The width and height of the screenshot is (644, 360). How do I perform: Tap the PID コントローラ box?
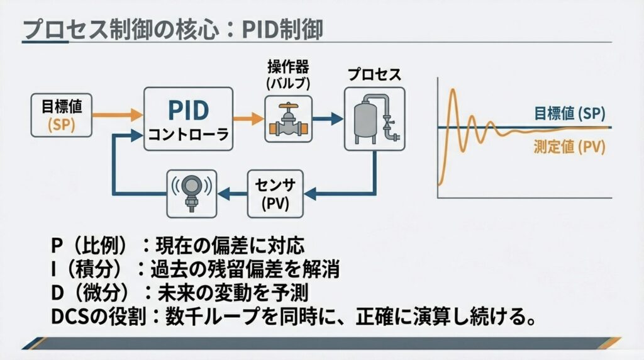point(188,118)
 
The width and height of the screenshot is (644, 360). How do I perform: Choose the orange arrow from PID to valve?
point(248,118)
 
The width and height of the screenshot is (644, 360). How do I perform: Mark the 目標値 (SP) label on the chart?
point(569,113)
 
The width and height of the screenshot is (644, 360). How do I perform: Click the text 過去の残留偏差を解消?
point(245,269)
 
